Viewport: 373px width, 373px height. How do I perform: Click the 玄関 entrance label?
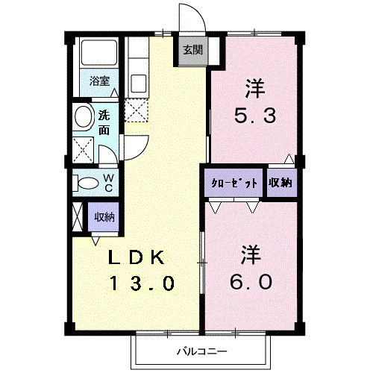[x=192, y=51]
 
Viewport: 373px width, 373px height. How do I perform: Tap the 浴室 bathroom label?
[x=100, y=81]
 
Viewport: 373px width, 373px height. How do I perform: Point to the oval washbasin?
[x=83, y=117]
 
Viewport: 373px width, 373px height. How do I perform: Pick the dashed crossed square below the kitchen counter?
[x=137, y=110]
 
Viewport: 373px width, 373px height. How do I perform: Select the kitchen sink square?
[x=138, y=80]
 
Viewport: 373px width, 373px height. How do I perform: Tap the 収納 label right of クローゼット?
[x=280, y=182]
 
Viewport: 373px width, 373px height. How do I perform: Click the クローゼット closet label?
[x=235, y=182]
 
